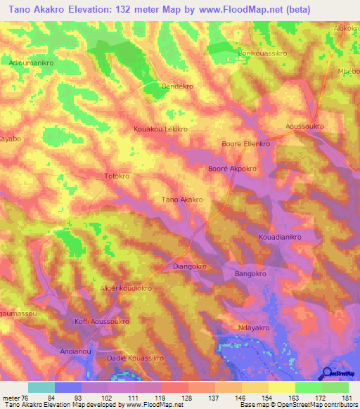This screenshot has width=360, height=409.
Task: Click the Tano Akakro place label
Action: click(182, 200)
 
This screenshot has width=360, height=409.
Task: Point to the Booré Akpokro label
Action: click(232, 169)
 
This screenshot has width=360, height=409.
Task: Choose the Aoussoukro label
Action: click(304, 126)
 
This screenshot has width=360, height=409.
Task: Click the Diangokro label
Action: click(189, 267)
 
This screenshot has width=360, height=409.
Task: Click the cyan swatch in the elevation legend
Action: click(41, 387)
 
